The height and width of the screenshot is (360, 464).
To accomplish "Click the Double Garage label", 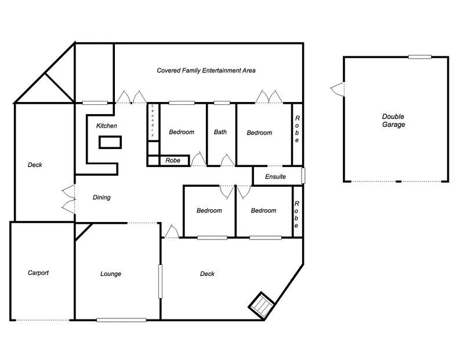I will coord(393,120).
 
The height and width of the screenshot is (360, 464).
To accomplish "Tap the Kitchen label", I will coord(107,126).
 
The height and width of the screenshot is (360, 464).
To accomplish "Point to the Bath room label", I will coord(220,132).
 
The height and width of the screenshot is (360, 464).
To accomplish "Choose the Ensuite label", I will coord(275,176).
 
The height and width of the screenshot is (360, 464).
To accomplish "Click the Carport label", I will coord(38,272).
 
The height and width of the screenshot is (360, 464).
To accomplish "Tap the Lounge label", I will coord(111,274).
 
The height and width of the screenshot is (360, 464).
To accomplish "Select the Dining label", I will coord(101,198).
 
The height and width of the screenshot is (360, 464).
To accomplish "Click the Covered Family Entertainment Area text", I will coord(206,71).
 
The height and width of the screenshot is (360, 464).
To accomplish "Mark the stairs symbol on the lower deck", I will coord(262,304).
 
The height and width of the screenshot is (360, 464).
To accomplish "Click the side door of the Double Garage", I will coord(338,89).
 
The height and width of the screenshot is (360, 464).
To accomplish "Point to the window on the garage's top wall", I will coord(419,57).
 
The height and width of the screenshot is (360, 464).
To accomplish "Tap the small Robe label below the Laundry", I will coord(173,161).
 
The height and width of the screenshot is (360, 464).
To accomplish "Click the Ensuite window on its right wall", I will coord(303,176).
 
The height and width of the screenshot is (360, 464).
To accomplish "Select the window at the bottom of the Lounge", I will coord(121,319).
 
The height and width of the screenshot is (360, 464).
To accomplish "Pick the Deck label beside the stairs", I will coord(207,274).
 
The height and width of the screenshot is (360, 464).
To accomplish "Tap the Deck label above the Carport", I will coord(35,165).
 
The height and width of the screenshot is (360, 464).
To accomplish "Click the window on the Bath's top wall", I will coord(222,103).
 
